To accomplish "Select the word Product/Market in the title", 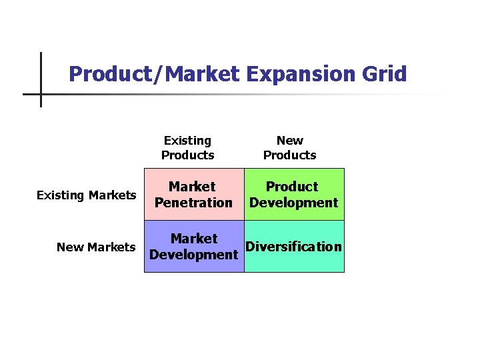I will tap(153, 73).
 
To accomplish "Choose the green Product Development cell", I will tap(294, 194).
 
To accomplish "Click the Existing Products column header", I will tap(187, 148).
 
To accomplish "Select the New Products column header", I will tap(289, 148).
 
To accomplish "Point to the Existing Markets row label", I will tap(86, 195).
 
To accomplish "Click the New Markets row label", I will tap(96, 247).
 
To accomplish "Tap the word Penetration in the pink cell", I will tap(193, 203).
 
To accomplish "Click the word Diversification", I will tap(294, 247).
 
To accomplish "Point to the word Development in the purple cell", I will tap(193, 255).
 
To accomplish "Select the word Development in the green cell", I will tap(294, 203).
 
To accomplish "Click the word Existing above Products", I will tap(187, 141).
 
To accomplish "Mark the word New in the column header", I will tap(289, 141).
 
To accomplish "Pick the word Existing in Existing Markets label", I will tap(61, 195).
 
